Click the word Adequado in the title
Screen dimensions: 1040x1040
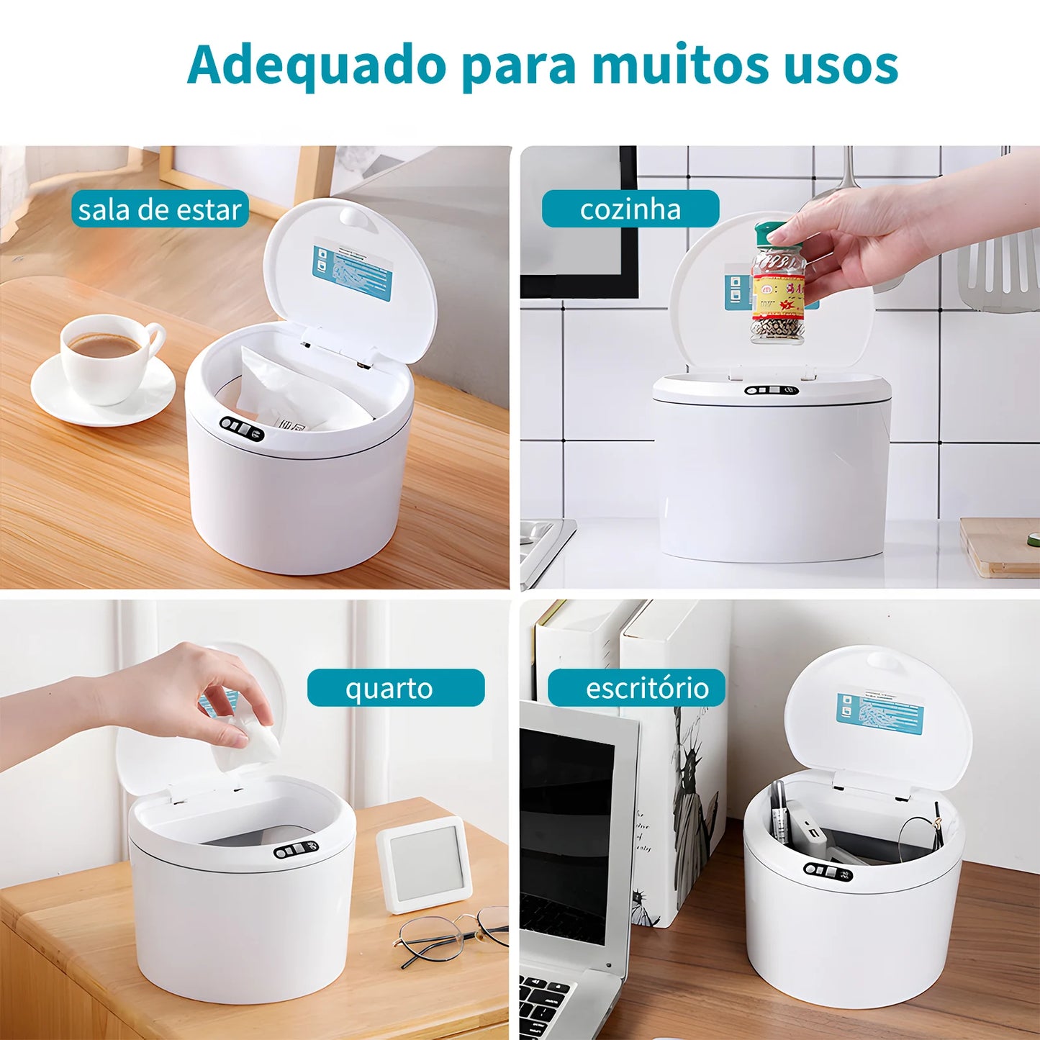coord(317,66)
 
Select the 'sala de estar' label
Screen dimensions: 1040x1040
coord(160,209)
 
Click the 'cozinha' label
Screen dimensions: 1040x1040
coord(630,209)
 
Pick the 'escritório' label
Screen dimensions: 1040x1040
coord(636,688)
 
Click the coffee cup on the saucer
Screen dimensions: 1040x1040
coord(108,356)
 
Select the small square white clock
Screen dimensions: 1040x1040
coord(425,864)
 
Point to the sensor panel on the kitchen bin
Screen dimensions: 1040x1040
coord(772,391)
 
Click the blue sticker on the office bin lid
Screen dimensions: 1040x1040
coord(880,713)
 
